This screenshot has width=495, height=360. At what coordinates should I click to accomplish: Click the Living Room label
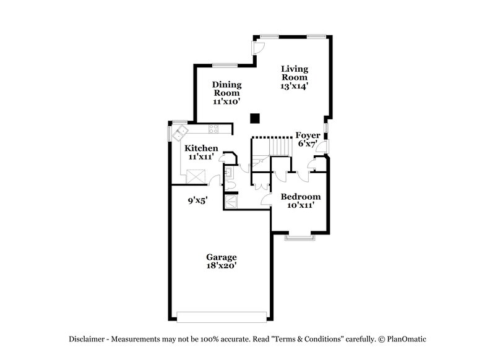295,74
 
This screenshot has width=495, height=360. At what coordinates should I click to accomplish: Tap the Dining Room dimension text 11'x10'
226,101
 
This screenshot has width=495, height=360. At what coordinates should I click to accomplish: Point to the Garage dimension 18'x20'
222,265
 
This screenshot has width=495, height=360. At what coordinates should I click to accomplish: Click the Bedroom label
301,197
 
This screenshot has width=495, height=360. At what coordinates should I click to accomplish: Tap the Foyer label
308,135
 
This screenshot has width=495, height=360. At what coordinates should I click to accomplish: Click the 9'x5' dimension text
198,200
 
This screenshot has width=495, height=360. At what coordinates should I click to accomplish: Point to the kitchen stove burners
214,129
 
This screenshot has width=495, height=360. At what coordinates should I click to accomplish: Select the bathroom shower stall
231,202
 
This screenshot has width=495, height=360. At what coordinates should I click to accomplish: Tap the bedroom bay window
299,237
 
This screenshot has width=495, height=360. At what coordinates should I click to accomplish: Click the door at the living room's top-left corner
259,47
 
